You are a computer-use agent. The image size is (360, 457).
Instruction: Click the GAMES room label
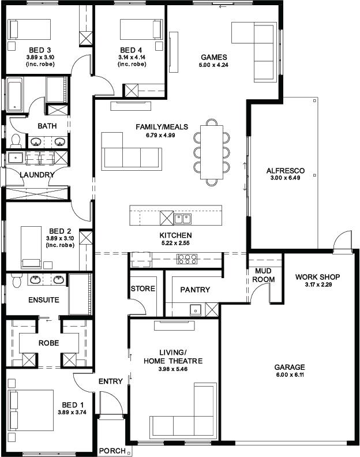coord(213,57)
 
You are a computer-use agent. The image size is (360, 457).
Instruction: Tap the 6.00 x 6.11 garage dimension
coord(290,374)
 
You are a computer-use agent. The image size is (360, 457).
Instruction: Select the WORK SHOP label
coord(317,277)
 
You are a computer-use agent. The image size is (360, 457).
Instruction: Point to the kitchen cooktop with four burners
coord(187,259)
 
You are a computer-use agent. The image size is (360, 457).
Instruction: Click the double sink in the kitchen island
coord(182,219)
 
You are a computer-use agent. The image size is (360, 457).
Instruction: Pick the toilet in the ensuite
coord(16,281)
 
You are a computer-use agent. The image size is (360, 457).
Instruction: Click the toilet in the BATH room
coord(16,141)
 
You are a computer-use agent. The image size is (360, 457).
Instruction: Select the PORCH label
coord(112,451)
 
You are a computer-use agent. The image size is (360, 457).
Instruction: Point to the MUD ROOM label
coord(263,275)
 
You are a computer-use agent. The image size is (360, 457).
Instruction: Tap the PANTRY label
coord(195,290)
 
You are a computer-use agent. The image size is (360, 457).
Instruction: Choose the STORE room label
coord(143,289)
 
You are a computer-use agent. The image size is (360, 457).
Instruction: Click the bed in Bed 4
coord(141,29)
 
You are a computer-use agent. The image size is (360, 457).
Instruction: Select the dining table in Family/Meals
coord(212,152)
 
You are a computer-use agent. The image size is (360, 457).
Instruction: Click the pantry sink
coord(196,310)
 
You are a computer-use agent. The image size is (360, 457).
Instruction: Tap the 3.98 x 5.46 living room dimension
coord(173,369)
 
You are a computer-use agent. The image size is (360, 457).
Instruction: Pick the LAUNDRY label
coord(37,175)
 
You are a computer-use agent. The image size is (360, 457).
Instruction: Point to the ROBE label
coord(48,343)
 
